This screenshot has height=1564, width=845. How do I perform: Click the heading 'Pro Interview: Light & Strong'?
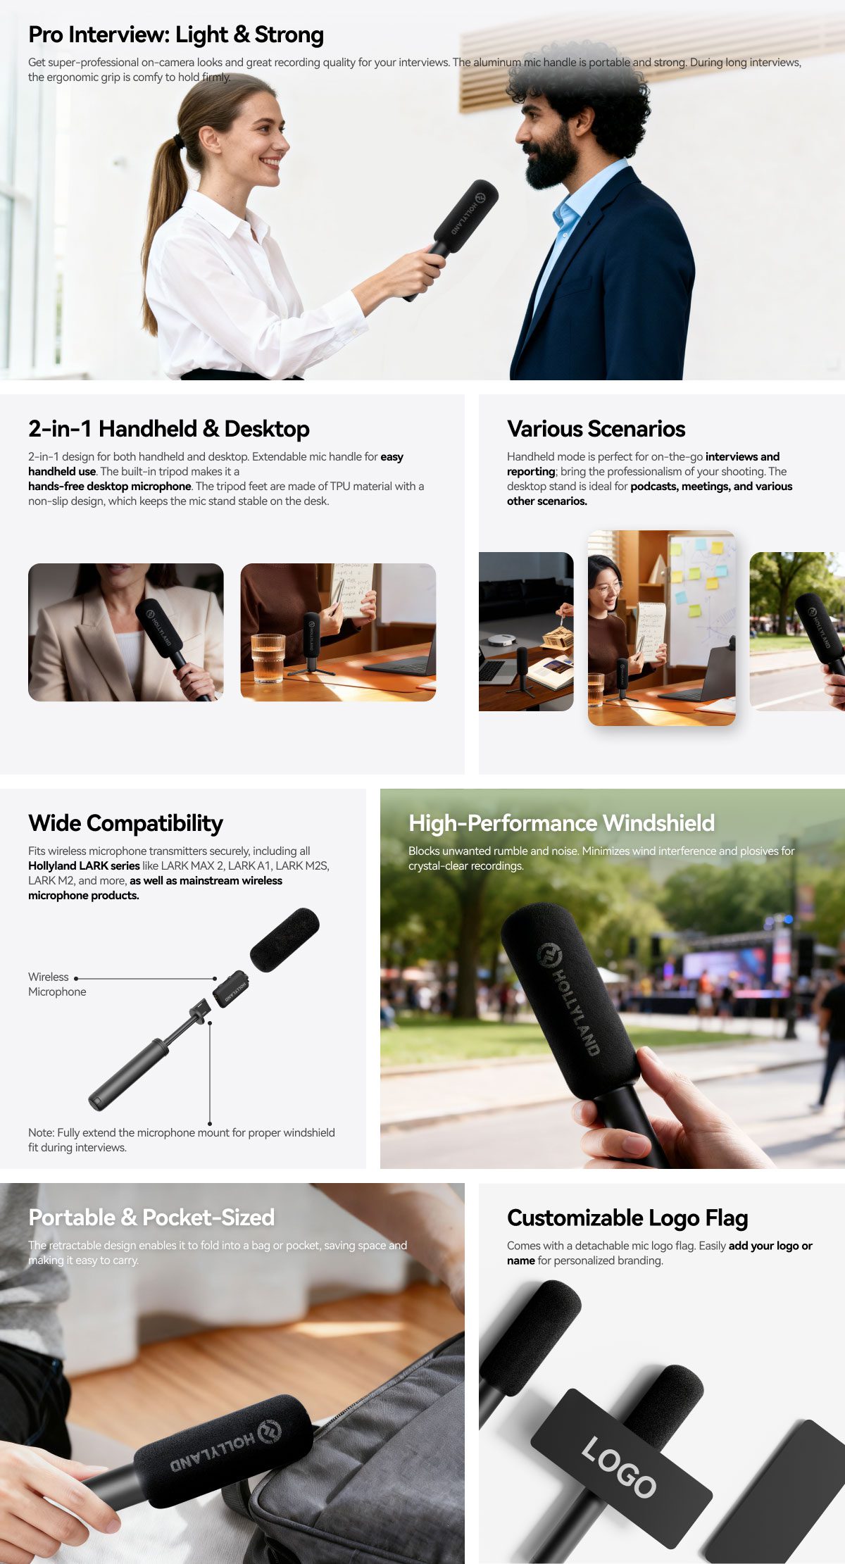click(176, 35)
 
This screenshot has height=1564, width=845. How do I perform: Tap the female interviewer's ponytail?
click(159, 225)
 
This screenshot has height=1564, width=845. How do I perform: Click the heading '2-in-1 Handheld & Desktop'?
click(169, 429)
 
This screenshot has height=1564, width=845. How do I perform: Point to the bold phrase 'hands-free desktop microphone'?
click(110, 487)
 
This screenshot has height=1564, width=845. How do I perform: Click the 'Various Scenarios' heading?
click(596, 429)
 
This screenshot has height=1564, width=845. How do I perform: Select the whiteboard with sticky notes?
click(701, 599)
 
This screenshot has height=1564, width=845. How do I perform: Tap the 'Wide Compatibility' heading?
click(125, 823)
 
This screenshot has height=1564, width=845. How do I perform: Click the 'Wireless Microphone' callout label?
click(57, 984)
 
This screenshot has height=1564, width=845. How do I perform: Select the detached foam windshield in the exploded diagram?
click(284, 940)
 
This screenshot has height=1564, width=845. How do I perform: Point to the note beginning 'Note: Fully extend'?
click(182, 1140)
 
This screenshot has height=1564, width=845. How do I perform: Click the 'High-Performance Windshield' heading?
click(561, 823)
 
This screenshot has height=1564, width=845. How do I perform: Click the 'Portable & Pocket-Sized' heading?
click(151, 1218)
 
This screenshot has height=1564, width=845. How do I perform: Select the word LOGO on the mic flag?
click(619, 1468)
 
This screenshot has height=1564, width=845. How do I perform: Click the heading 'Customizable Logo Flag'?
click(627, 1218)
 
